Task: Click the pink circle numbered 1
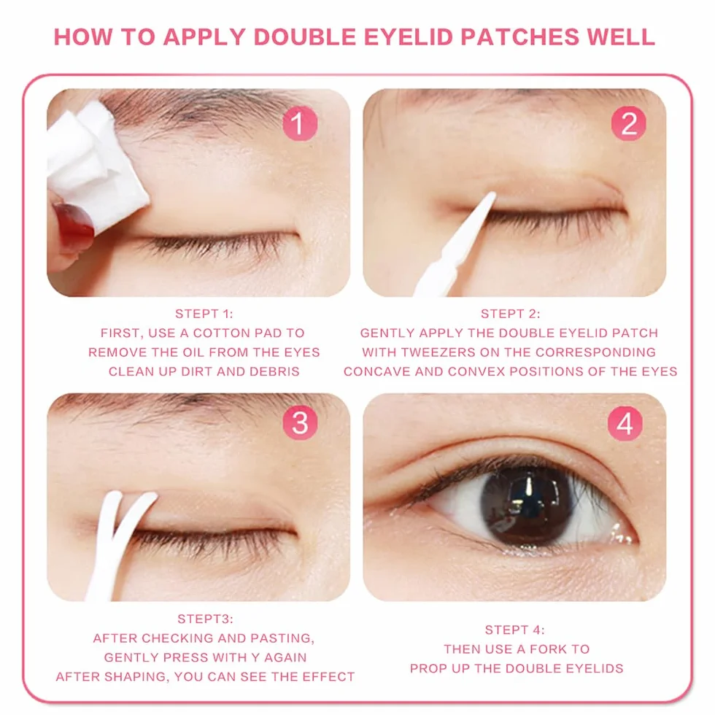coord(300,123)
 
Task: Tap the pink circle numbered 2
coord(628,123)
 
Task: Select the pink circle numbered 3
coord(300,423)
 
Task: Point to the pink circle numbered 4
coord(625,423)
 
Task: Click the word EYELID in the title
coord(408,37)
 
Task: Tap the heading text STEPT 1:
coord(204,314)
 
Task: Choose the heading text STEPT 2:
coord(510,314)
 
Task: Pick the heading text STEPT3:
coord(205,619)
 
